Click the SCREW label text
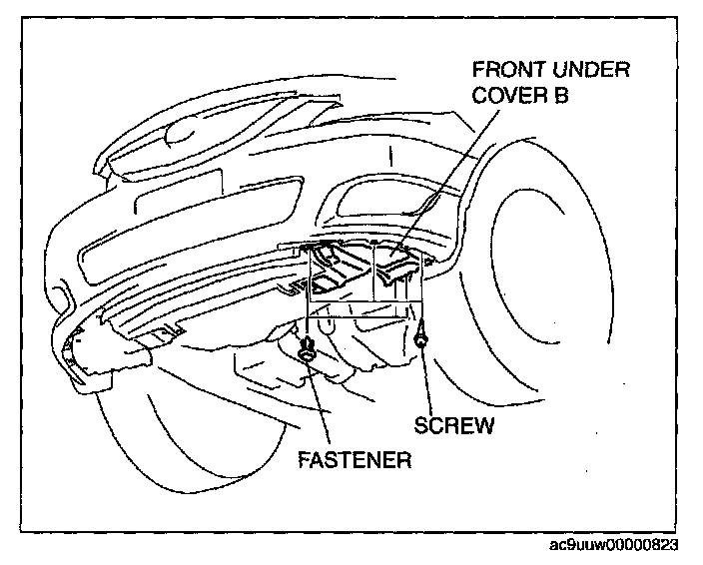(453, 426)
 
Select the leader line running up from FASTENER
(319, 399)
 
